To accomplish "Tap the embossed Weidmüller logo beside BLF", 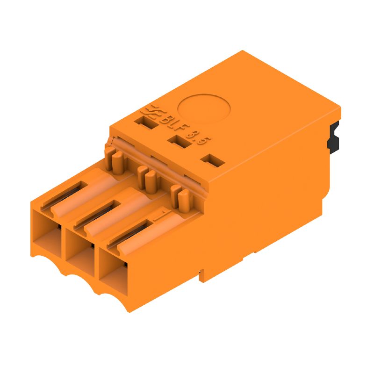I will [152, 113].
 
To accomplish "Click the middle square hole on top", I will [178, 142].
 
